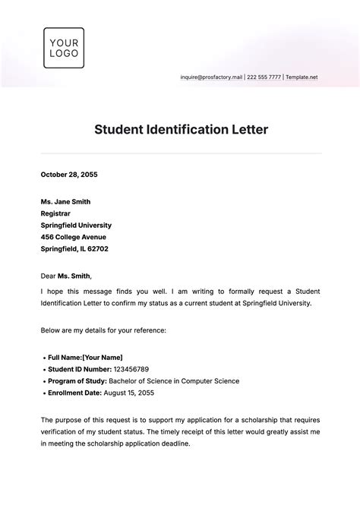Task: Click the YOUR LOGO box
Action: pos(64,48)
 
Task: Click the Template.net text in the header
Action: pos(302,77)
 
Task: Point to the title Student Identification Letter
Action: pos(181,129)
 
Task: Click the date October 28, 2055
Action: pos(69,175)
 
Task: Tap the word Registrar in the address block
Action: pos(58,213)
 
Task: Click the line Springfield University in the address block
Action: pos(76,225)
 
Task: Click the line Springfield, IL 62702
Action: pos(74,248)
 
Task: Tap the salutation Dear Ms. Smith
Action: pos(71,276)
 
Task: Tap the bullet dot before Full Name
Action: pos(43,357)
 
